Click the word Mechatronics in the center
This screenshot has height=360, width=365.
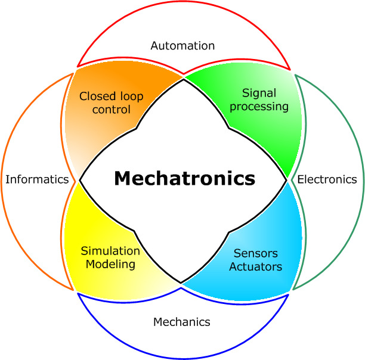pos(184,178)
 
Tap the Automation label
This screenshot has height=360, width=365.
pos(182,45)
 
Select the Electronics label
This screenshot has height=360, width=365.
pos(327,179)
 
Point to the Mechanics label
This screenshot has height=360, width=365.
pos(182,322)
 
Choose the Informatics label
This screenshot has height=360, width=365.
pos(37,179)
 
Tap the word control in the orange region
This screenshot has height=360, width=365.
pos(111,110)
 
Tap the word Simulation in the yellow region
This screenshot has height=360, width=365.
pos(110,251)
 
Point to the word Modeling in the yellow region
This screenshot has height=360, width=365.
pos(110,264)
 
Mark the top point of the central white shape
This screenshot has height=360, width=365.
pos(183,77)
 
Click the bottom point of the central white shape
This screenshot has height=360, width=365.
pos(181,283)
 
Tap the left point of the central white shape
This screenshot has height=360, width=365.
pos(79,179)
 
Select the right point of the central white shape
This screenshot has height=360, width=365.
pos(287,179)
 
